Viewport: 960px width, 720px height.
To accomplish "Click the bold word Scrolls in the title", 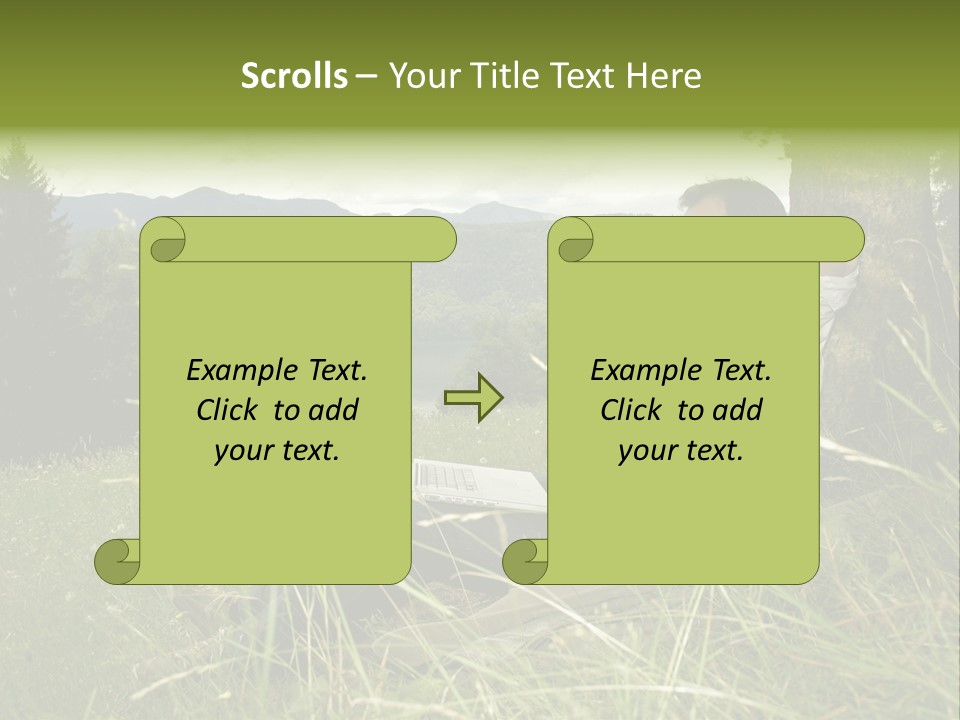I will [294, 76].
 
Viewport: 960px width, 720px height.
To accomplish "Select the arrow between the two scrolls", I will [474, 397].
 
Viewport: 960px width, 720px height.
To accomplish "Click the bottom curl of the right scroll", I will [526, 562].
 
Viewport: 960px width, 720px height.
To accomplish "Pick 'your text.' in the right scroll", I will [681, 451].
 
